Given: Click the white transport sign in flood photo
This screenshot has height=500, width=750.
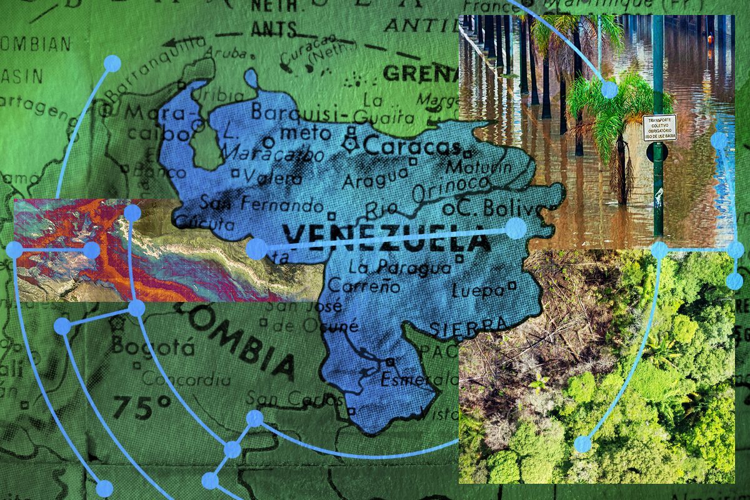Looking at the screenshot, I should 659,127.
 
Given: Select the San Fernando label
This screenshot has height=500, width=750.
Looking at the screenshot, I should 261,204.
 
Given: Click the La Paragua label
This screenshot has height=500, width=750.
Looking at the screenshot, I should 399,268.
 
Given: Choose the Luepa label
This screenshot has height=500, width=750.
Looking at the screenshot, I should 477,291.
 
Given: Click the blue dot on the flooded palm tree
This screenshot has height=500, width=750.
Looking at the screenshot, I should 609,89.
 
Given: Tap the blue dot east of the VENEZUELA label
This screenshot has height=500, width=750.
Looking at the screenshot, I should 516,228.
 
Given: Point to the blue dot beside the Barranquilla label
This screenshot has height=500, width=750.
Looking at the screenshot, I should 112,63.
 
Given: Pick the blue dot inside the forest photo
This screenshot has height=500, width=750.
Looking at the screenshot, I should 582,444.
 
